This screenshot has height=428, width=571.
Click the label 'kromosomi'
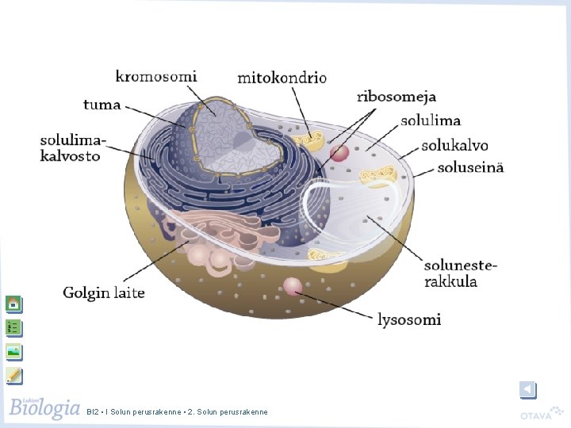(156, 76)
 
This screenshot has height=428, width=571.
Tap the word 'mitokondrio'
(282, 78)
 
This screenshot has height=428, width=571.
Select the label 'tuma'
(102, 105)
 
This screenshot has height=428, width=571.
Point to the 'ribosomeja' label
(397, 97)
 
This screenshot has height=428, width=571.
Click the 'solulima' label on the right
(431, 120)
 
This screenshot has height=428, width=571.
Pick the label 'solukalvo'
(455, 145)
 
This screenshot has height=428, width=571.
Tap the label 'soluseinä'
(470, 167)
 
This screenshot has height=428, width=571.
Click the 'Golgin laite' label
(104, 293)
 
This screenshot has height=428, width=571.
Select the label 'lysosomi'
(409, 319)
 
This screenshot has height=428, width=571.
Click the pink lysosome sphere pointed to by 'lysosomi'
(293, 286)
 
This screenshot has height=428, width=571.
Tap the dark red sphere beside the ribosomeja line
(339, 152)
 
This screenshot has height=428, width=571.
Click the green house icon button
(14, 304)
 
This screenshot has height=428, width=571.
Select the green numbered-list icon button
(14, 328)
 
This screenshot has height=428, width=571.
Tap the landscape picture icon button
(14, 352)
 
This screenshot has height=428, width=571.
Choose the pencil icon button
(14, 376)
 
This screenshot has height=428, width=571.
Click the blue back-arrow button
(528, 390)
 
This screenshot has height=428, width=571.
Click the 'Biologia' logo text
(44, 407)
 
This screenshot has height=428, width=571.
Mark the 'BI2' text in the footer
(92, 412)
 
